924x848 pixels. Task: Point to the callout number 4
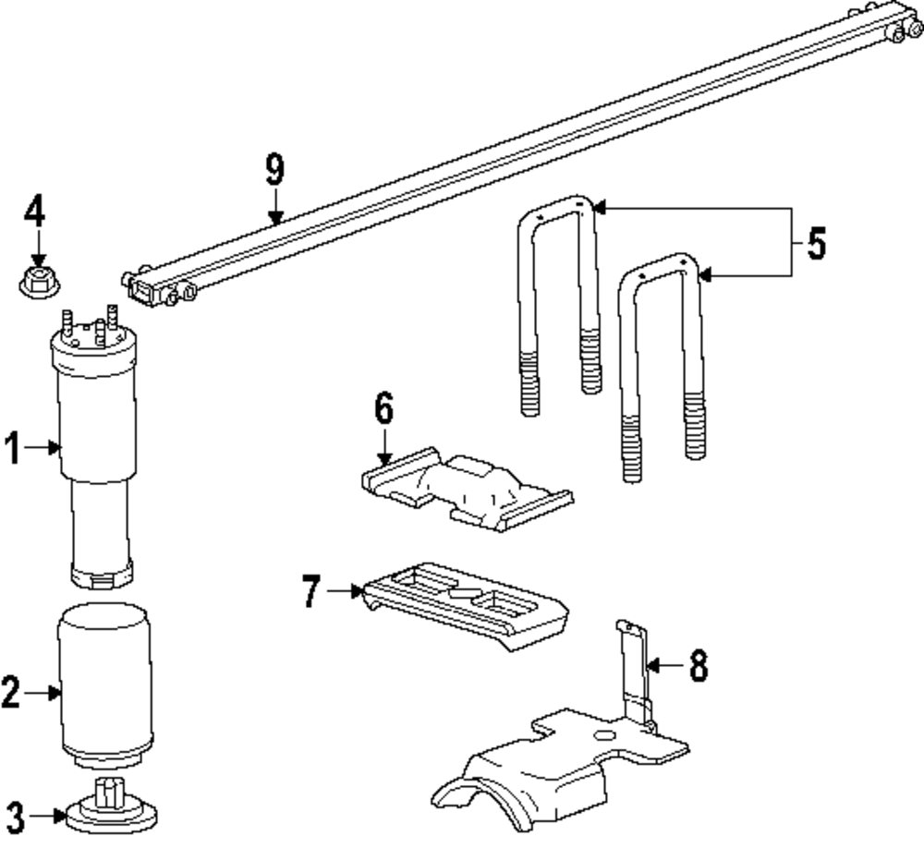35,213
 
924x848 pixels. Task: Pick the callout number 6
383,408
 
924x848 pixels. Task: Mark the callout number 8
698,664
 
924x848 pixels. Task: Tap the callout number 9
274,171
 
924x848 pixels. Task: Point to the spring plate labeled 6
462,490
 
